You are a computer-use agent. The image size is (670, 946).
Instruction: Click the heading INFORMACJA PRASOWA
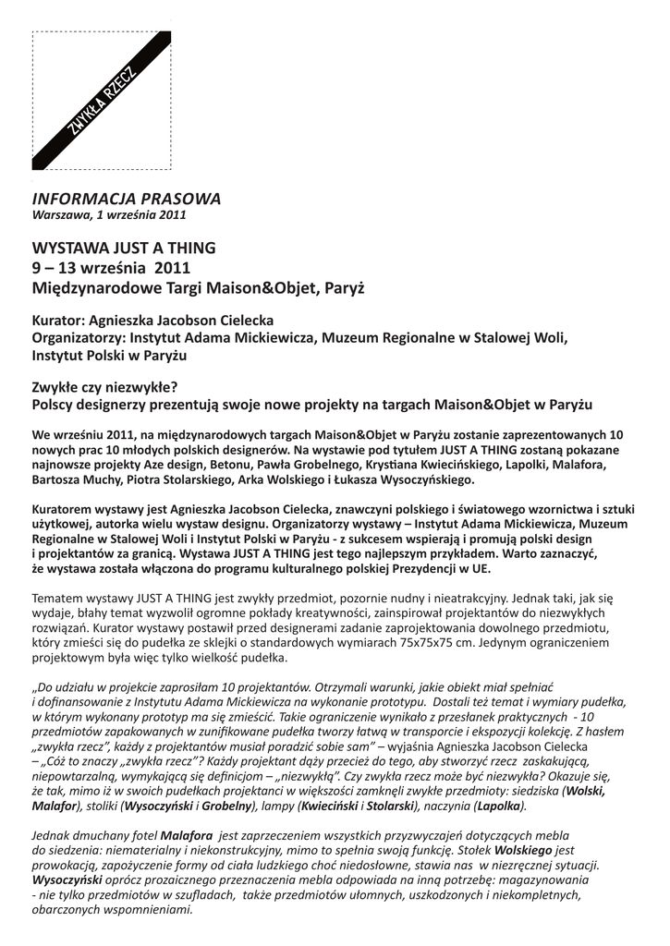127,199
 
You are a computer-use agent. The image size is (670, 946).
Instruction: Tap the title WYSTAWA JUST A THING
124,248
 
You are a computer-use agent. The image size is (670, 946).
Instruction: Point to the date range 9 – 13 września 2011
111,268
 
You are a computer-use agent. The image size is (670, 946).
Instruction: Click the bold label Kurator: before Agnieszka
60,321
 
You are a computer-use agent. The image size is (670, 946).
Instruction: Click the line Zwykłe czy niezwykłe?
104,387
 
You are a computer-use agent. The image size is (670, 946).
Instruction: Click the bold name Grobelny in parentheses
228,806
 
